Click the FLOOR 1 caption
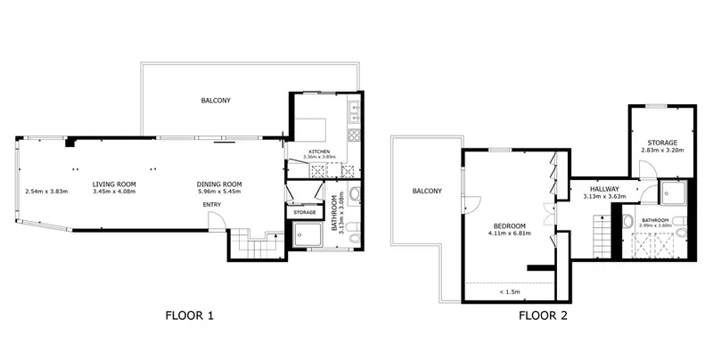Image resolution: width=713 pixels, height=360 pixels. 189,315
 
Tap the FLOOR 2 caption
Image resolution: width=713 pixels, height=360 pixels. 543,315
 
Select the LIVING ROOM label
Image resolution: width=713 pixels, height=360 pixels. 114,184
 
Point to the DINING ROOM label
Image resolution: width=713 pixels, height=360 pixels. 219,184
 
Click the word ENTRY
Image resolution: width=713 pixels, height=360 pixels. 212,205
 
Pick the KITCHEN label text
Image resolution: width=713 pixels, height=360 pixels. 319,151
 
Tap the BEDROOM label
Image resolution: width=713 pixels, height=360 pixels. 510,226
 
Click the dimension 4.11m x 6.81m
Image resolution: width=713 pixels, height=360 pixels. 510,233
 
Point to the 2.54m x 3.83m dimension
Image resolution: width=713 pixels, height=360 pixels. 46,192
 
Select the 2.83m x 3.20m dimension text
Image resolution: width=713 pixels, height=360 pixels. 662,150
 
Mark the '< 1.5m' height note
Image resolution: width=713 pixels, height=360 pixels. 510,291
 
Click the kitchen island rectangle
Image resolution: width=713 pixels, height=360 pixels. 311,130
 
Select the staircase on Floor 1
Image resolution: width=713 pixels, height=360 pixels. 257,244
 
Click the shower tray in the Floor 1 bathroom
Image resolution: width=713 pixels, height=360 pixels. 307,234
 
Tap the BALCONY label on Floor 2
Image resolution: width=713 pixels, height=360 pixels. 427,192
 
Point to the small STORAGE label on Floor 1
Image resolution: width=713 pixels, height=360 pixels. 304,212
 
